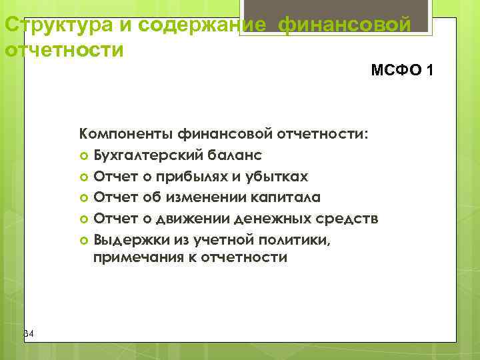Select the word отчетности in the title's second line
pos(64,50)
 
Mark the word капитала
pos(285,197)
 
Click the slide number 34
pos(28,333)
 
